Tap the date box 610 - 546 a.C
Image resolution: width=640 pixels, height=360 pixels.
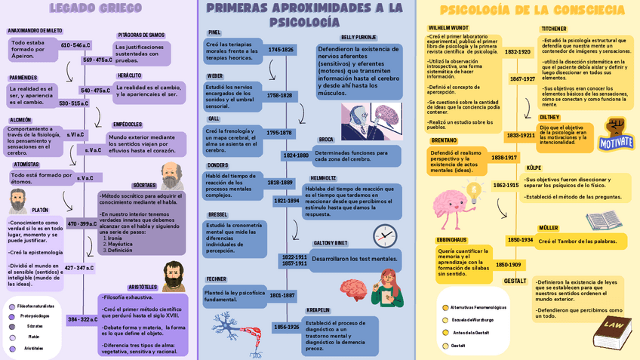click(75, 45)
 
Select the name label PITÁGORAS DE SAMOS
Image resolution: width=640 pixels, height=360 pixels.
click(141, 35)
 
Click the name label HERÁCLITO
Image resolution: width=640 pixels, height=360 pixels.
click(129, 75)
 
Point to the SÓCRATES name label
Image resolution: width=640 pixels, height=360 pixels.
click(144, 185)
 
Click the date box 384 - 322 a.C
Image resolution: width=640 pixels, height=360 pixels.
click(82, 319)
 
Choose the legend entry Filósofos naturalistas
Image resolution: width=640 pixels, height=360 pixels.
click(35, 306)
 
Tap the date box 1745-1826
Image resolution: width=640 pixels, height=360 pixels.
click(281, 50)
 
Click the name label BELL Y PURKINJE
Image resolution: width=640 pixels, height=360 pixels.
click(358, 37)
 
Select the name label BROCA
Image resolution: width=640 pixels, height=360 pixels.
click(326, 140)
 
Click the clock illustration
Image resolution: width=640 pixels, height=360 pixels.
click(384, 235)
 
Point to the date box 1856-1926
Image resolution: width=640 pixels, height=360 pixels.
click(286, 327)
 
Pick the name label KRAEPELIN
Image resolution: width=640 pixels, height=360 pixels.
click(318, 310)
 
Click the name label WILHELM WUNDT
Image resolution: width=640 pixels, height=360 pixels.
click(448, 28)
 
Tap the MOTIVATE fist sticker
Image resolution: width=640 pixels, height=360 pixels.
click(616, 136)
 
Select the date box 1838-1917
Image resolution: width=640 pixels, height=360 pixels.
click(504, 158)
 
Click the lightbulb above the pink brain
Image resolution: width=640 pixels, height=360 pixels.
click(475, 191)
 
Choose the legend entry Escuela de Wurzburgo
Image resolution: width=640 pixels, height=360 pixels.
click(473, 320)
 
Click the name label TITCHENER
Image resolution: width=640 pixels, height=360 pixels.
click(553, 29)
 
